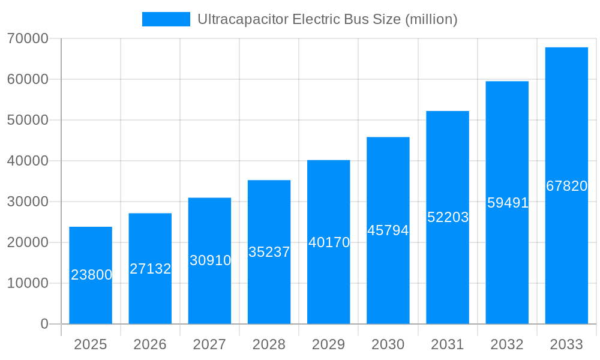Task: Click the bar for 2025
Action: coord(91,275)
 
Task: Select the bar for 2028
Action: coord(269,252)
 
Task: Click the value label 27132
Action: coord(150,269)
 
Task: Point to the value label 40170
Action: coord(329,242)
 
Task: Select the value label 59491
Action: coord(508,203)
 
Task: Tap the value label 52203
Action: coord(448,217)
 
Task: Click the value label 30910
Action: coord(210,260)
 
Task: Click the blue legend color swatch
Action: coord(166,19)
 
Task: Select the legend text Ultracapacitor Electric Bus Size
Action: coord(328,19)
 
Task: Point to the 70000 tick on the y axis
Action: coord(28,38)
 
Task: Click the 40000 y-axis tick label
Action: coord(28,161)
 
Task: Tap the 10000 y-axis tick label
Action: coord(28,283)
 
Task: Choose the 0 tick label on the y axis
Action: coord(44,324)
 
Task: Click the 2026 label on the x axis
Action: coord(150,344)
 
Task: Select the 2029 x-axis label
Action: coord(329,344)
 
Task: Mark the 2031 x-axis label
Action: coord(448,344)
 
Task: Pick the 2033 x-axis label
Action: coord(566,344)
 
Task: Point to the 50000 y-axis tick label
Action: coord(28,120)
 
